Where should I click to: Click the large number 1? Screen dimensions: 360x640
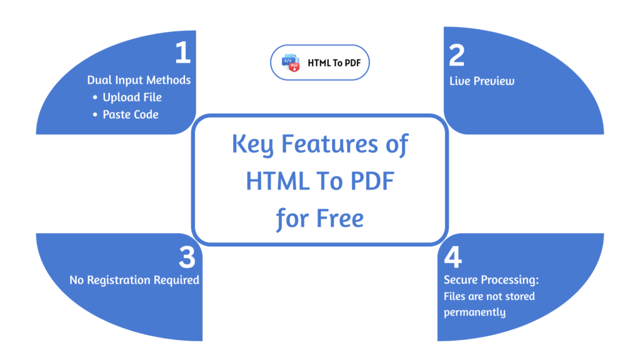coord(182,54)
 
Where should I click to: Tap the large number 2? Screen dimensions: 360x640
coord(457,56)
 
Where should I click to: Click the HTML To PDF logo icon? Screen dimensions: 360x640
coord(291,62)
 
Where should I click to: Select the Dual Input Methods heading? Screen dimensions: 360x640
coord(139,80)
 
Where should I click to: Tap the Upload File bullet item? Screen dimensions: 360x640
coord(132,97)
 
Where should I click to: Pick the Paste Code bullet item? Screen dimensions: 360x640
coord(131,114)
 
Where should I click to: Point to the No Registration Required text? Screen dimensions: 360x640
coord(134,280)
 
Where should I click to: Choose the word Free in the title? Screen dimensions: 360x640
coord(340,219)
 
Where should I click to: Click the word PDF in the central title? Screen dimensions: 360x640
coord(370,182)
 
